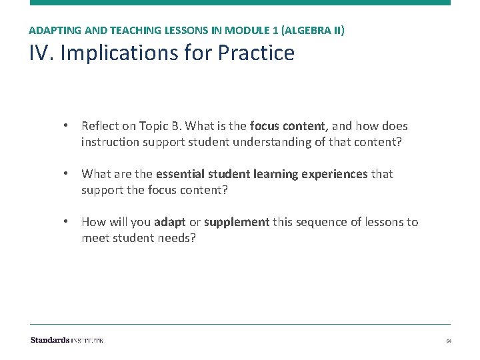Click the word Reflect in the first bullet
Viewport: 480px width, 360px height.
tap(101, 126)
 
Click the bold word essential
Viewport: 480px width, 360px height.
tap(181, 174)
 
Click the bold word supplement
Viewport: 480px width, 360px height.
tap(237, 222)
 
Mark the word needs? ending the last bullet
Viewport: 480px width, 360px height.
tap(177, 237)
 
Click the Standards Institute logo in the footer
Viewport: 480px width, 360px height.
tap(67, 340)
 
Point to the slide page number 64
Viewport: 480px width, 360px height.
tap(449, 341)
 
